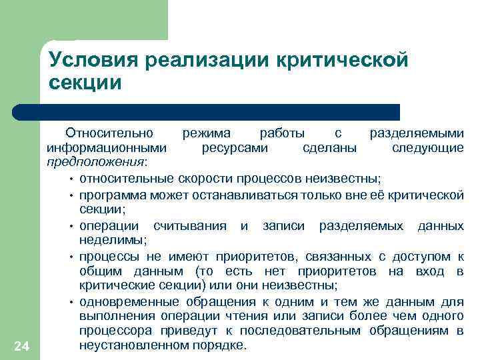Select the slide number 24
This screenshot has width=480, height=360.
[20, 344]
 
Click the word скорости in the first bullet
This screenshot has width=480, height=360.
[207, 179]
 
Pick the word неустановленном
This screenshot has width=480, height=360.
[127, 346]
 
